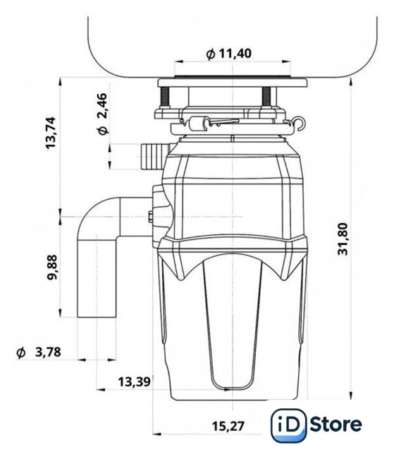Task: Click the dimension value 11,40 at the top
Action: click(235, 54)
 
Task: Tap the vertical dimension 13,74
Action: click(51, 133)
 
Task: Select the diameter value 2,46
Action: click(102, 106)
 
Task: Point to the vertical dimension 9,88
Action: click(52, 267)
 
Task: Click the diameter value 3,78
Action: click(48, 352)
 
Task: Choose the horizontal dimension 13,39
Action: click(135, 382)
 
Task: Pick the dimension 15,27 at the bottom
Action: click(228, 426)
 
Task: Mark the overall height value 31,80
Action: click(343, 239)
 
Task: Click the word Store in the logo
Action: click(336, 424)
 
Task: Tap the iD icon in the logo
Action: click(288, 425)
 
